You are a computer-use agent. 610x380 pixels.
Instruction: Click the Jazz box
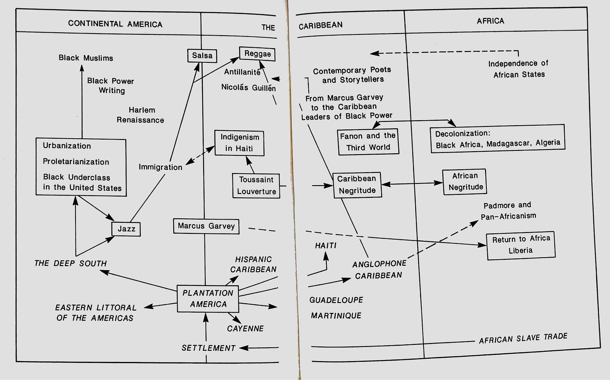[x=126, y=229]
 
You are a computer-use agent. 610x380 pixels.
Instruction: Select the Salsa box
[x=202, y=56]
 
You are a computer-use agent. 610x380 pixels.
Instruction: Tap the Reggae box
[x=257, y=54]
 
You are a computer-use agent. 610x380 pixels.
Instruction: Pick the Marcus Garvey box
[x=206, y=226]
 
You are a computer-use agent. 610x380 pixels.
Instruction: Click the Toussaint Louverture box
[x=256, y=186]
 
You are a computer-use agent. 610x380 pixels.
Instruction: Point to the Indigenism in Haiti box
[x=239, y=143]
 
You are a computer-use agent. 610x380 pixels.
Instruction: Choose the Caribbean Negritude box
[x=357, y=185]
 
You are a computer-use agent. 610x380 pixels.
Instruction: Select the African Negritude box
[x=465, y=182]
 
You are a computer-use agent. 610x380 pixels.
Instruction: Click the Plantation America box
[x=208, y=299]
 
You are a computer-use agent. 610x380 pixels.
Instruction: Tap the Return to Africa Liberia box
[x=521, y=245]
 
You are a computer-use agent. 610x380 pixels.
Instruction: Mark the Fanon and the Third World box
[x=368, y=142]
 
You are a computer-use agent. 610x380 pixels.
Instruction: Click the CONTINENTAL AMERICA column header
[x=115, y=24]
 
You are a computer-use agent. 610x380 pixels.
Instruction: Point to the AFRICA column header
[x=491, y=21]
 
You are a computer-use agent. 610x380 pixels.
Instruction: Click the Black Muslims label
[x=86, y=58]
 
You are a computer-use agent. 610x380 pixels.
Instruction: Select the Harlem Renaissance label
[x=140, y=115]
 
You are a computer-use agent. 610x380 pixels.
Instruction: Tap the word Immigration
[x=160, y=167]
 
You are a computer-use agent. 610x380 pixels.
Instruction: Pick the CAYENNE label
[x=246, y=328]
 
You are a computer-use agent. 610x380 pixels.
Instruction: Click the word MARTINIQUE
[x=336, y=316]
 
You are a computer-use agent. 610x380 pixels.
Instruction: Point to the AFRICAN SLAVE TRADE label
[x=523, y=338]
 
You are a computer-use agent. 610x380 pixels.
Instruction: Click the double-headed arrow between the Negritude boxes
[x=412, y=184]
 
